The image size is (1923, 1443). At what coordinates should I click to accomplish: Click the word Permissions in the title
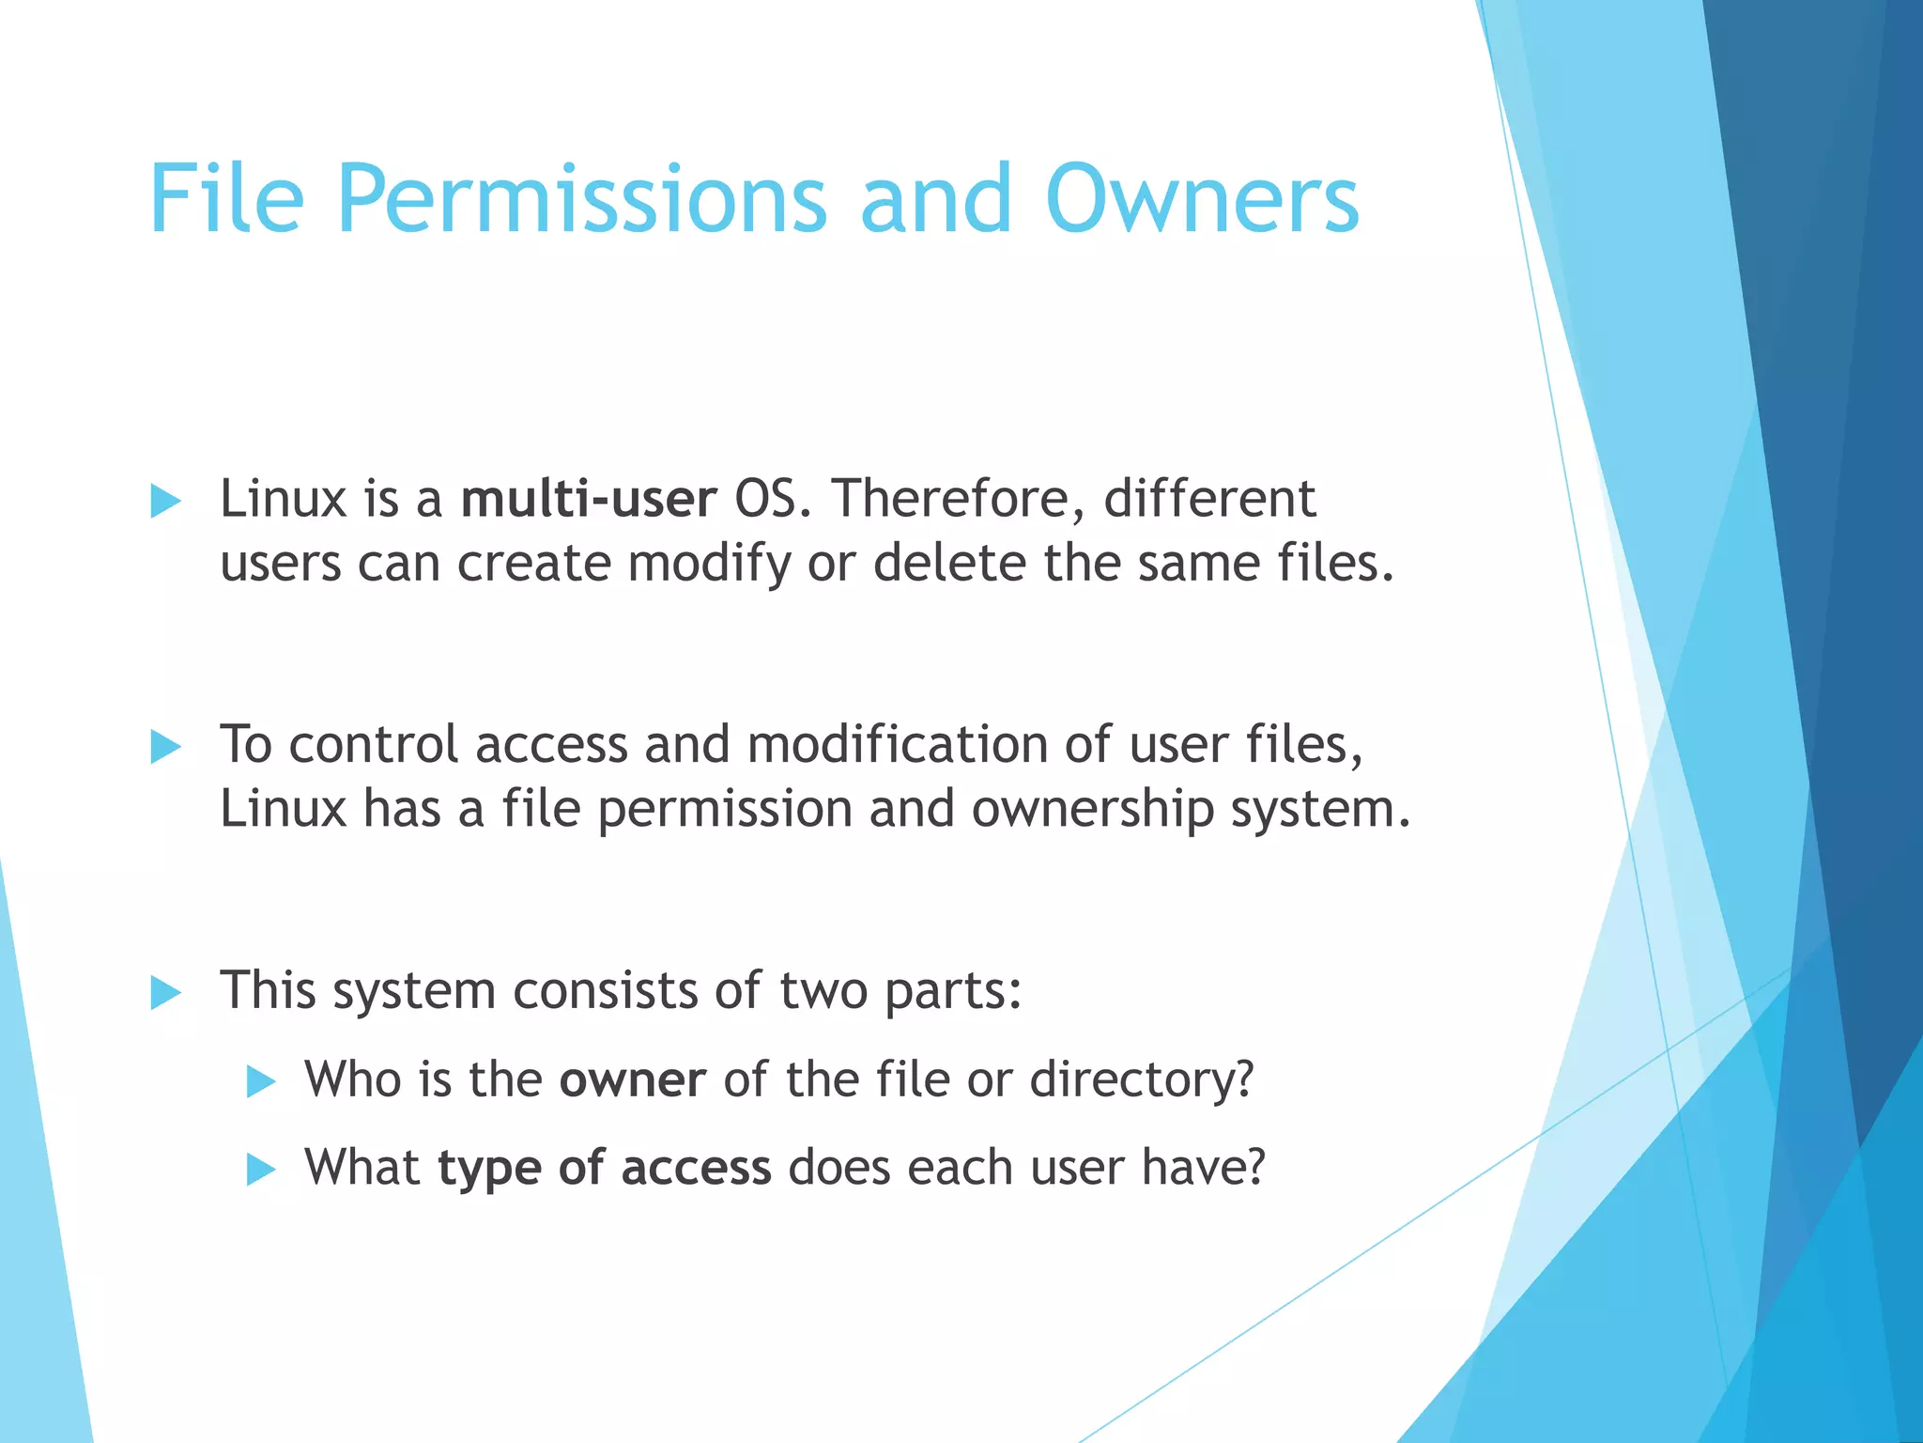(x=582, y=199)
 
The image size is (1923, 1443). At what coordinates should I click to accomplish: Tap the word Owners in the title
(x=1202, y=199)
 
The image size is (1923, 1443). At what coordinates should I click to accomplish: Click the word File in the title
(x=226, y=199)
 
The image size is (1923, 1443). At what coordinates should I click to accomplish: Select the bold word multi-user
(x=589, y=499)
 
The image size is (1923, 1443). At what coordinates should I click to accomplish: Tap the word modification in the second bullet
(x=897, y=744)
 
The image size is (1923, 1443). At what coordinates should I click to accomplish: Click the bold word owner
(x=632, y=1079)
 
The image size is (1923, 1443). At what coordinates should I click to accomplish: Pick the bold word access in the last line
(x=696, y=1168)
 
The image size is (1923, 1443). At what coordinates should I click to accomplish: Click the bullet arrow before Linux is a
(x=165, y=502)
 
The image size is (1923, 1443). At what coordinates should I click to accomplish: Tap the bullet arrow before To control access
(x=165, y=748)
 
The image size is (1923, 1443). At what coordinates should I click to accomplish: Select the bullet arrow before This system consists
(x=165, y=993)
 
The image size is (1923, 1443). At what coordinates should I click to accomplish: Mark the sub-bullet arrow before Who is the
(x=260, y=1082)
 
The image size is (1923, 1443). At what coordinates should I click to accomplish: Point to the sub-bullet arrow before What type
(x=260, y=1171)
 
